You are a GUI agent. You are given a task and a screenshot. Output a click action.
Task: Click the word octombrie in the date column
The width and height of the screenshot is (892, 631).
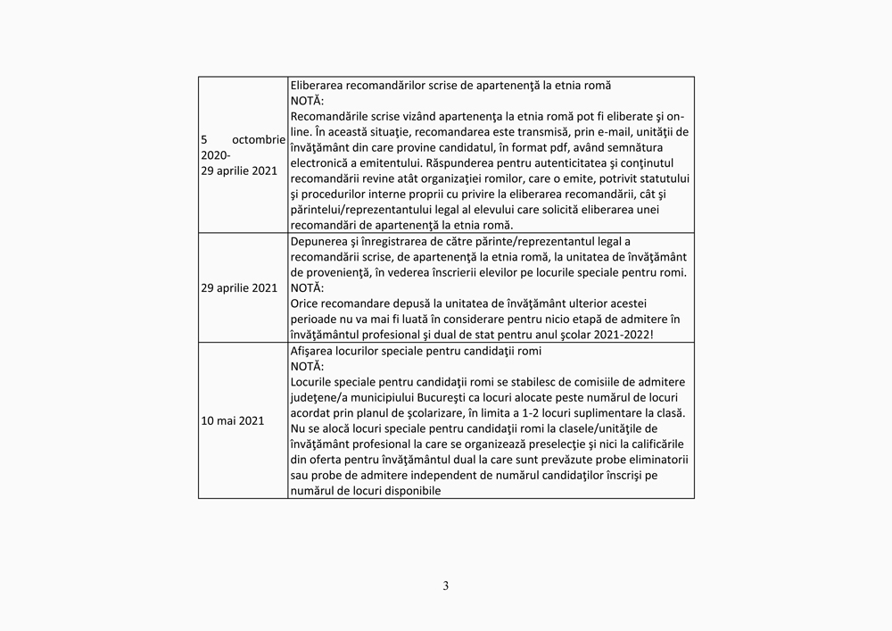[258, 140]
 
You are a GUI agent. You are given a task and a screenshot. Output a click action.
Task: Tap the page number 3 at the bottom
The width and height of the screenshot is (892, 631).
[446, 586]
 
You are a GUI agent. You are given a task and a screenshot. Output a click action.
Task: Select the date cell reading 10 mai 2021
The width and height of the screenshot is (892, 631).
[233, 420]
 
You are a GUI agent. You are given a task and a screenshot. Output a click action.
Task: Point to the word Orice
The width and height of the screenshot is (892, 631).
[306, 303]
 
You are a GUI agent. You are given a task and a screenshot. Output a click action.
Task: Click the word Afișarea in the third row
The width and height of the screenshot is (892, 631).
[315, 351]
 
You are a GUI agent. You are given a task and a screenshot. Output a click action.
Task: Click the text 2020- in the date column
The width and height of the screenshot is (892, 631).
[217, 154]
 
